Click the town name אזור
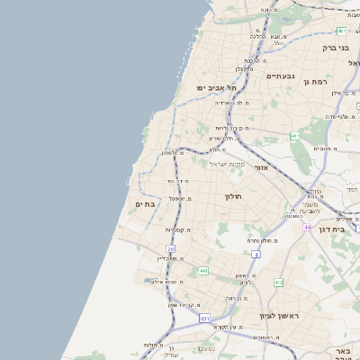[x=261, y=167]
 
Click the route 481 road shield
[x=341, y=31]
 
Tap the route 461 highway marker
[x=294, y=136]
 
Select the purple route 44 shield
[x=307, y=227]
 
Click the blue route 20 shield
[x=170, y=248]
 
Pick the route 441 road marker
[x=204, y=270]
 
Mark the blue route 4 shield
[x=256, y=255]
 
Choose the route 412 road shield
[x=278, y=283]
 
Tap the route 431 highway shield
[x=205, y=319]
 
